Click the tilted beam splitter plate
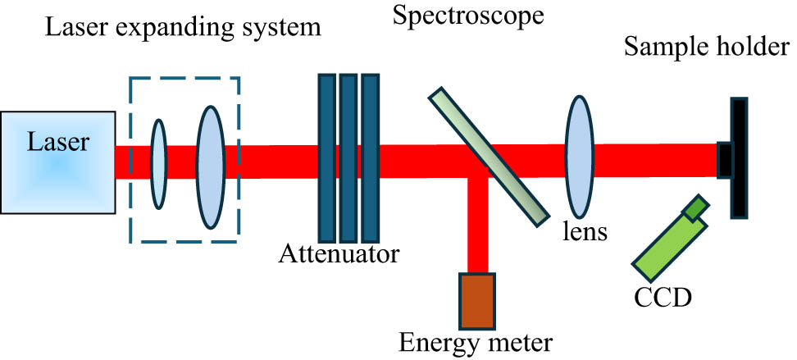click(488, 155)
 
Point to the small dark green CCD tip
click(697, 208)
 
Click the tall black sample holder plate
click(740, 157)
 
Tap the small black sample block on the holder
click(724, 159)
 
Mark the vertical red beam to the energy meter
click(476, 226)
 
